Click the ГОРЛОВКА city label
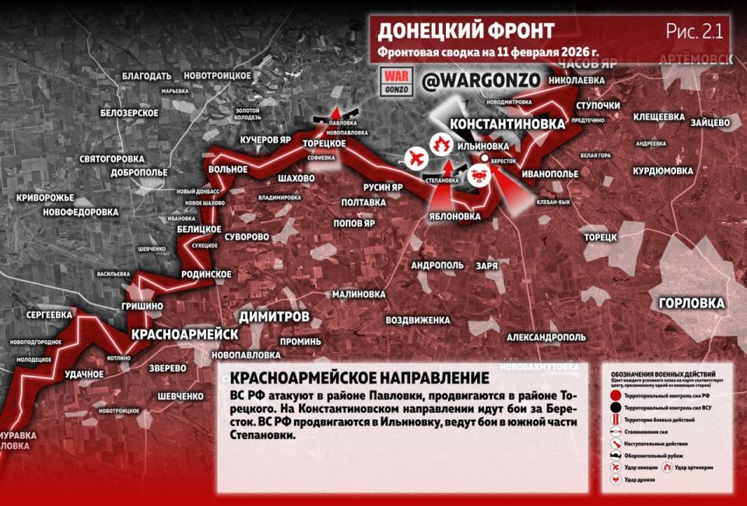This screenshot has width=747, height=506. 691,304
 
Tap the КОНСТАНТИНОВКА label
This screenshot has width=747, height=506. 508,125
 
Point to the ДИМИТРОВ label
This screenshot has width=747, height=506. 274,317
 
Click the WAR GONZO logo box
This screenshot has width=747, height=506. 396,80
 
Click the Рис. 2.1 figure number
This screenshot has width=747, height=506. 694,31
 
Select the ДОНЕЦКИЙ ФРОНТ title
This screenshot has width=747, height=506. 465,31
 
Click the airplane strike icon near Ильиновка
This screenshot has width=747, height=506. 416,159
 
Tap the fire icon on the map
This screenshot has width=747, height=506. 440,144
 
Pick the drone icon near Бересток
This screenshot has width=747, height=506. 479,170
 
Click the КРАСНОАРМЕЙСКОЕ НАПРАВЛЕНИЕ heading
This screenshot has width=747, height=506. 359,378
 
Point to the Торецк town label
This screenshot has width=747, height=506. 600,237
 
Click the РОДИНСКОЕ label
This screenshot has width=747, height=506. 206,274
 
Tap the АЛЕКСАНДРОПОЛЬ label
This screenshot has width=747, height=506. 545,338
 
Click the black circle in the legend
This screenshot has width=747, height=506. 615,407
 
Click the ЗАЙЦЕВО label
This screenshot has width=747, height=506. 709,122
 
